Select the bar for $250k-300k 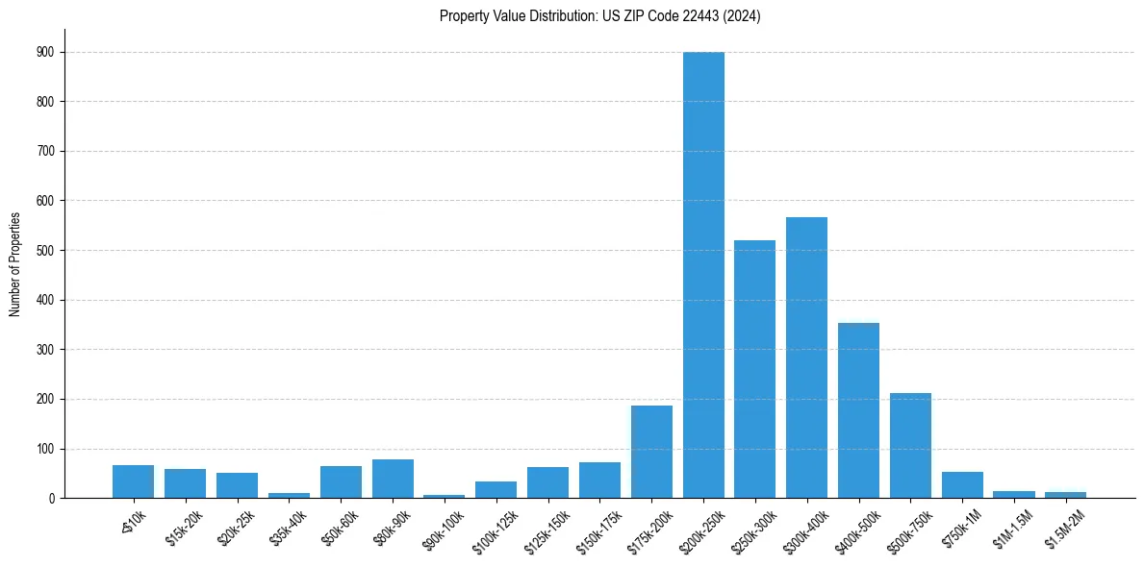click(755, 369)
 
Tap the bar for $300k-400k click(806, 357)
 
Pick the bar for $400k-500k click(858, 410)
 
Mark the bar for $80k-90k click(393, 479)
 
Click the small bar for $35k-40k click(289, 495)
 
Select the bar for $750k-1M click(962, 485)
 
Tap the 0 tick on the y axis click(52, 498)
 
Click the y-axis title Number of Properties click(15, 263)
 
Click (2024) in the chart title click(743, 15)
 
